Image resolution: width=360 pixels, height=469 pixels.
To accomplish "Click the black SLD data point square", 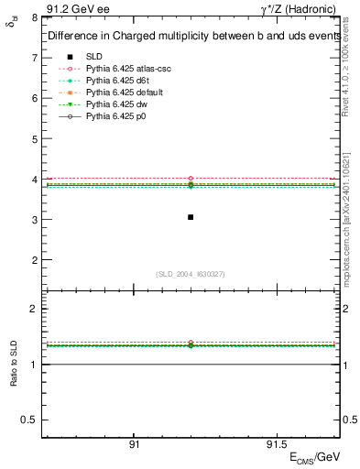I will point(191,217).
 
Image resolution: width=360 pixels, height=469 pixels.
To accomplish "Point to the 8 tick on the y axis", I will point(35,17).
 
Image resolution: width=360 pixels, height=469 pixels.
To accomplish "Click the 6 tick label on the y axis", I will point(35,98).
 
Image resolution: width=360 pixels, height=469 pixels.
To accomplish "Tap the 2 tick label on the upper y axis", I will point(35,260).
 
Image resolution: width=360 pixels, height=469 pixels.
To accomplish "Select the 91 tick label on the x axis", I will point(134,444).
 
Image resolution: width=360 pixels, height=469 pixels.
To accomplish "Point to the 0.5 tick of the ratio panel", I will point(30,420).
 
